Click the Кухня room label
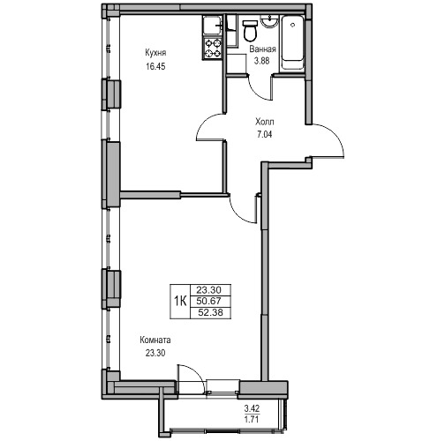coord(155,53)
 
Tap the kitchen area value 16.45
coord(155,66)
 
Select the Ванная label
coord(262,49)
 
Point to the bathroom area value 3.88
coord(262,61)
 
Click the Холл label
coord(265,122)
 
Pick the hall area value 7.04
coord(265,135)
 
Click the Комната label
coord(155,340)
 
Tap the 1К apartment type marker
coord(180,301)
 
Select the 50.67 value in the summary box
coord(209,301)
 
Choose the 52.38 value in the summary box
coord(210,312)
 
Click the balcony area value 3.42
coord(252,408)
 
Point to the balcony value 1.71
coord(252,419)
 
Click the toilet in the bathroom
coord(251,30)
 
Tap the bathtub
coord(292,43)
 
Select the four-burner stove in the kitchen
coord(213,49)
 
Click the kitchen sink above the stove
coord(213,26)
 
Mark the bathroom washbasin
coord(269,21)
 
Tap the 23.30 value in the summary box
coord(209,290)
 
